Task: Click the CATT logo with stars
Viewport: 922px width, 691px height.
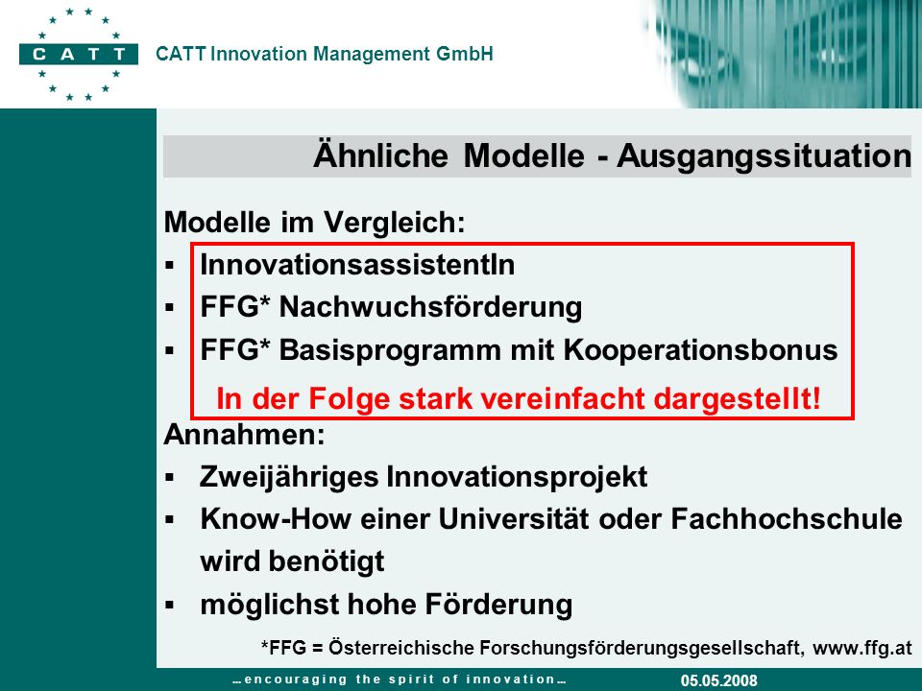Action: [79, 54]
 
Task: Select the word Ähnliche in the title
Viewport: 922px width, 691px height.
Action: [380, 155]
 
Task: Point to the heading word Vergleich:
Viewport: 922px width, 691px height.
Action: [395, 223]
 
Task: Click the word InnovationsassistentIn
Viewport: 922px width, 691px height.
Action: [357, 265]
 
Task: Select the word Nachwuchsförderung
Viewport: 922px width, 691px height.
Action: [430, 307]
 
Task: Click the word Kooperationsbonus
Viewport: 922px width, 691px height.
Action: [701, 350]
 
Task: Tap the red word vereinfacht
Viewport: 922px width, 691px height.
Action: [563, 399]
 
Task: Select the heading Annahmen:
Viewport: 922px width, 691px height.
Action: [244, 435]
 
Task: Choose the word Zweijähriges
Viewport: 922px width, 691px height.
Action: [289, 477]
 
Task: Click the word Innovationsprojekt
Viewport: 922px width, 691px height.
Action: [517, 477]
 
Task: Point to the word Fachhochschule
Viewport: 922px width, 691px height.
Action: [787, 519]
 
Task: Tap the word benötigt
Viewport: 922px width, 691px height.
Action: [327, 561]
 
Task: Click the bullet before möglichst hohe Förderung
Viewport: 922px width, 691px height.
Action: [170, 605]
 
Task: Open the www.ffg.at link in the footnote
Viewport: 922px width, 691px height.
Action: [862, 648]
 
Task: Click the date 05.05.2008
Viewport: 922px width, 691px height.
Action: [719, 680]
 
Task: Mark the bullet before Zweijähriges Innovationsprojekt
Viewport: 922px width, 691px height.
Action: [170, 477]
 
